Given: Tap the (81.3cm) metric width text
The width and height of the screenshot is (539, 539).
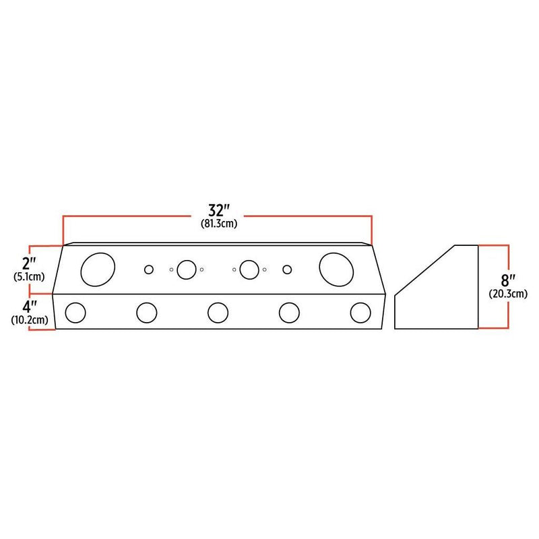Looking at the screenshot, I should point(217,222).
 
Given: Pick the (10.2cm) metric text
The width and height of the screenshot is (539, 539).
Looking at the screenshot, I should point(29,320).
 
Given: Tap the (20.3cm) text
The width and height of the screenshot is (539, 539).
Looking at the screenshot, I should point(507,292).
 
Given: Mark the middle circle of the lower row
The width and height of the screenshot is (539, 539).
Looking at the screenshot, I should point(218,313).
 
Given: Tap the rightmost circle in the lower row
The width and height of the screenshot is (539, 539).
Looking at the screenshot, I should point(360,313).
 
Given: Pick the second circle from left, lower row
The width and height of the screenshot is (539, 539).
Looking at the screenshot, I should point(146,313).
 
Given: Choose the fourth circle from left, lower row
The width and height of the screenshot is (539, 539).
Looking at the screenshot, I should point(289,313).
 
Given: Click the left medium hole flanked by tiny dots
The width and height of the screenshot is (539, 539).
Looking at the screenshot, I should point(185,269).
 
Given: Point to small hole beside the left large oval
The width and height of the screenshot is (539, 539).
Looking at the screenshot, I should point(149,269).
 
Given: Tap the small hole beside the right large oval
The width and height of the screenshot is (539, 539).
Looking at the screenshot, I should point(287,269).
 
